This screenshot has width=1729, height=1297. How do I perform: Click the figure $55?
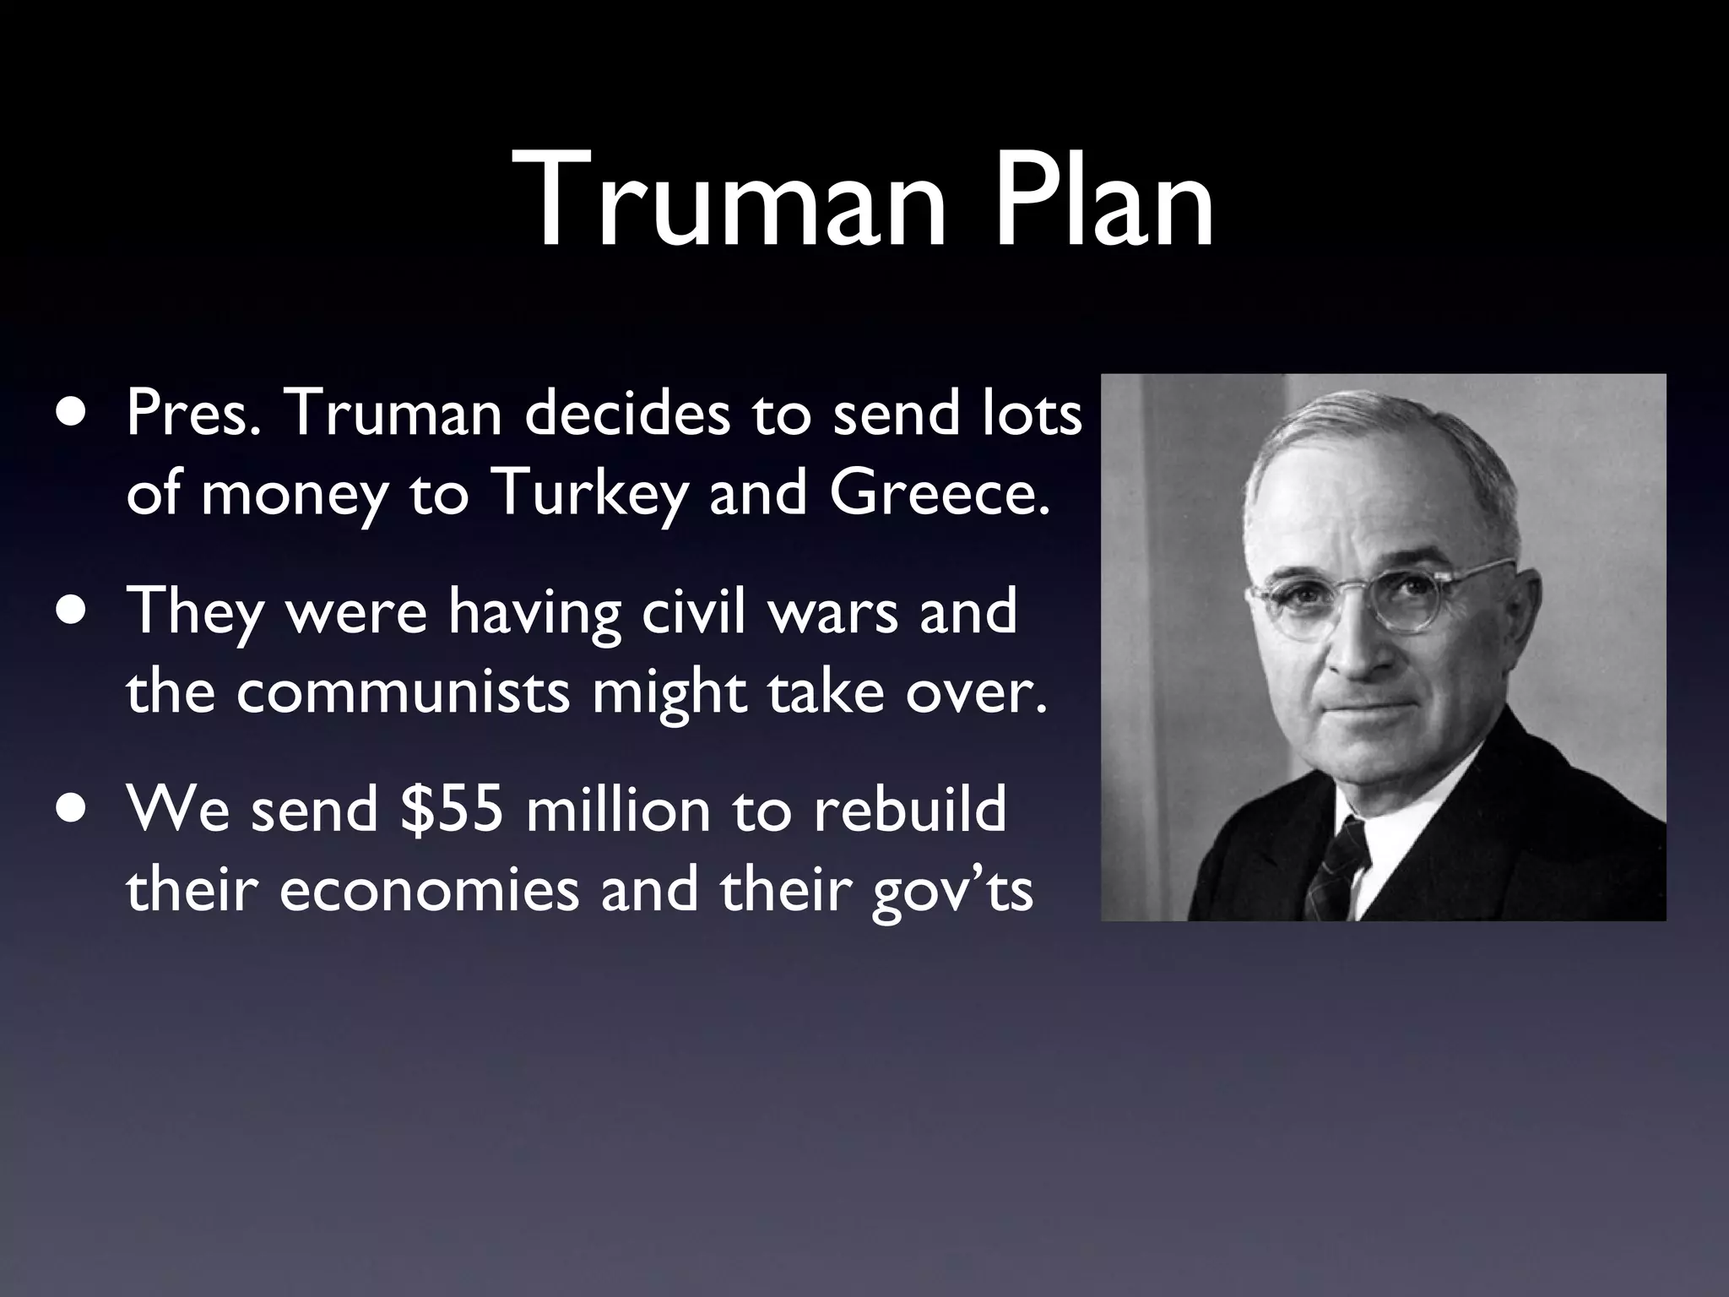coord(453,808)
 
